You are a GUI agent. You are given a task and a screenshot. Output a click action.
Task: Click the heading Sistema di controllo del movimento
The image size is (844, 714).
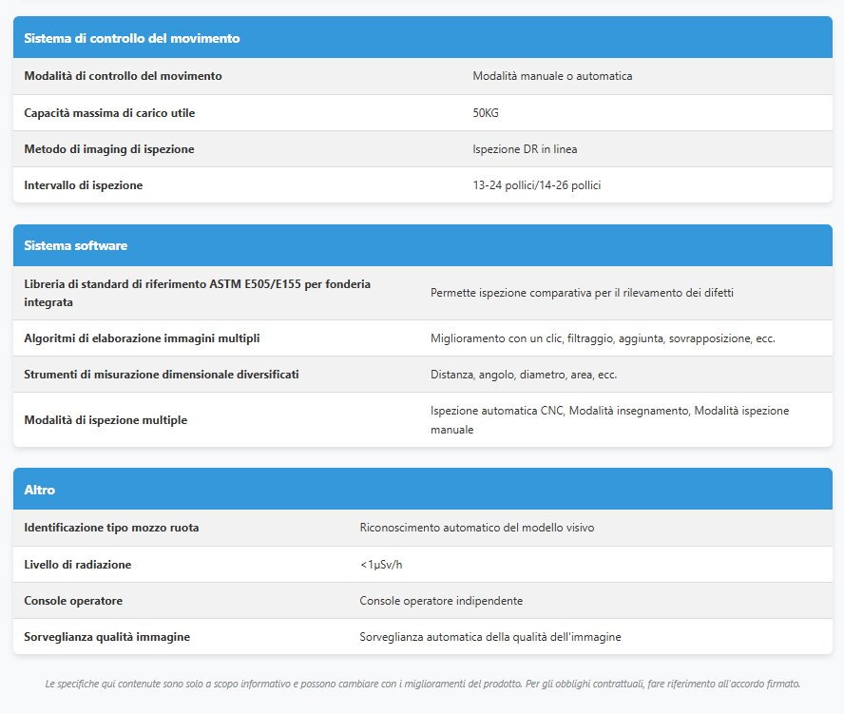[131, 39]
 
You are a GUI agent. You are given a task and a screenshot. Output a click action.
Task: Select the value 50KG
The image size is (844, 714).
[486, 113]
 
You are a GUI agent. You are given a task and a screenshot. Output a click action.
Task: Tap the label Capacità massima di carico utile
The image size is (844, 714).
[109, 113]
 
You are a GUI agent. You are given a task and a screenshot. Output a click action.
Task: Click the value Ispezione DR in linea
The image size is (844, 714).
[525, 149]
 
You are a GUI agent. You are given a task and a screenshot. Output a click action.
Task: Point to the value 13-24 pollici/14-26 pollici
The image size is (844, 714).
[536, 185]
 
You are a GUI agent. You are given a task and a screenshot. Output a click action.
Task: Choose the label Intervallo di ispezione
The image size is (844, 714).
[84, 185]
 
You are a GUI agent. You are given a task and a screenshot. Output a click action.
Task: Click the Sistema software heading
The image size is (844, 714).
[76, 245]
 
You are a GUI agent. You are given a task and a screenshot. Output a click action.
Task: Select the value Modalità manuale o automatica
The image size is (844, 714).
[552, 76]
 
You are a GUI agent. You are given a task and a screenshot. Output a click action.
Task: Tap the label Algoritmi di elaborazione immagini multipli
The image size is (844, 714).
[142, 338]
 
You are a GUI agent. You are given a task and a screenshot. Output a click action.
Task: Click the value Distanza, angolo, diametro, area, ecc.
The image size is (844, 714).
[524, 375]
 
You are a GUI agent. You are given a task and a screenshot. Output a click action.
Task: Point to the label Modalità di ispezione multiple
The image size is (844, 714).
[105, 420]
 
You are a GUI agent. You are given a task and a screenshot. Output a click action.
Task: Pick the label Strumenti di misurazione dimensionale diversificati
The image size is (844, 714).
[162, 375]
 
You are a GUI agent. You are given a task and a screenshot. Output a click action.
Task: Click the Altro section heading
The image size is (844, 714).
[40, 490]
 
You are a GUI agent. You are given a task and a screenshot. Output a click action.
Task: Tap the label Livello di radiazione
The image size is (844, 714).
[78, 565]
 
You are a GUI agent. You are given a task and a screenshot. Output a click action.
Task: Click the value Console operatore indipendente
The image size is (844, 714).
[441, 601]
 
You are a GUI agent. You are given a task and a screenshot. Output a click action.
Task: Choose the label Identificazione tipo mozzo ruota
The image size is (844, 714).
[111, 528]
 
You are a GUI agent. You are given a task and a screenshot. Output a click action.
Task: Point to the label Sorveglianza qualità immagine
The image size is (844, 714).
[106, 637]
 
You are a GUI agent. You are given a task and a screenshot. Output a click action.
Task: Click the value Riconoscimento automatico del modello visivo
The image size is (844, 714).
[477, 528]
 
